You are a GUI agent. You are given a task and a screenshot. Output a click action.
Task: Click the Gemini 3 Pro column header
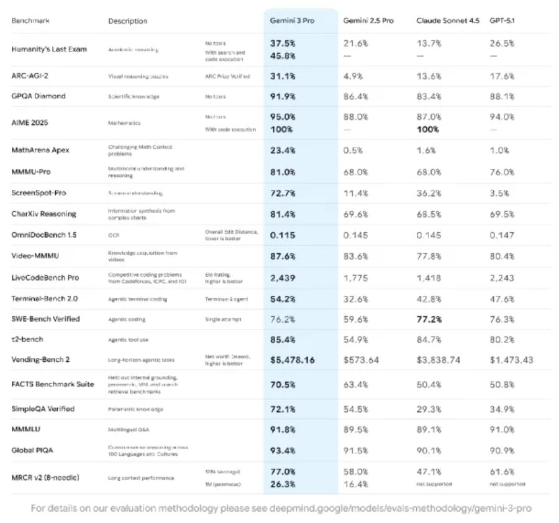tap(292, 20)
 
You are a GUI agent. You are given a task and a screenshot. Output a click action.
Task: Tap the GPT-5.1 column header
tap(502, 20)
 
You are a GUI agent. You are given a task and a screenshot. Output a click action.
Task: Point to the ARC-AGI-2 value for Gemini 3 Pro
tap(283, 76)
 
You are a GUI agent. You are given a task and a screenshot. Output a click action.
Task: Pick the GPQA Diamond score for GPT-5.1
tap(501, 96)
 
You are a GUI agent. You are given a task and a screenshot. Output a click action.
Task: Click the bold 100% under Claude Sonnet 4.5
tap(427, 129)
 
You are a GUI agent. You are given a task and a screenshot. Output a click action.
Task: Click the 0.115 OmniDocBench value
tap(283, 235)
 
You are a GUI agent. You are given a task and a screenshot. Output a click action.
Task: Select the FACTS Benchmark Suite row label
tap(53, 384)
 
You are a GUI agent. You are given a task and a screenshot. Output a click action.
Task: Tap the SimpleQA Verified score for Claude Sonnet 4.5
tap(429, 409)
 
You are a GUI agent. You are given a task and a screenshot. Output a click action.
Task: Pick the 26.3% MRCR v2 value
tap(283, 483)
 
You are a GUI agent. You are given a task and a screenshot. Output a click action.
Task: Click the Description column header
tap(127, 21)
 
